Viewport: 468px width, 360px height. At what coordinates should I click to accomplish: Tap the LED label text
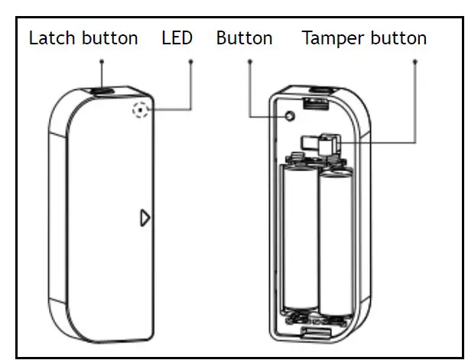click(177, 38)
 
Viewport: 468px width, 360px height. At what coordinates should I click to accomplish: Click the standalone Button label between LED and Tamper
click(244, 38)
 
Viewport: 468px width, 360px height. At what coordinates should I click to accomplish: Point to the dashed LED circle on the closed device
click(140, 110)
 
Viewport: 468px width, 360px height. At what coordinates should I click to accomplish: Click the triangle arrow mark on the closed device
click(145, 218)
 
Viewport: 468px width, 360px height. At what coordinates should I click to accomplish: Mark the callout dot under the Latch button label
click(101, 60)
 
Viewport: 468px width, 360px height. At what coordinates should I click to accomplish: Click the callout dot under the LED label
click(190, 60)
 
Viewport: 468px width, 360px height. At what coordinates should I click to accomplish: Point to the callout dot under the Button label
click(249, 60)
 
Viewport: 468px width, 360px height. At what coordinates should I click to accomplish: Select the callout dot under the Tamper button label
click(416, 60)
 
